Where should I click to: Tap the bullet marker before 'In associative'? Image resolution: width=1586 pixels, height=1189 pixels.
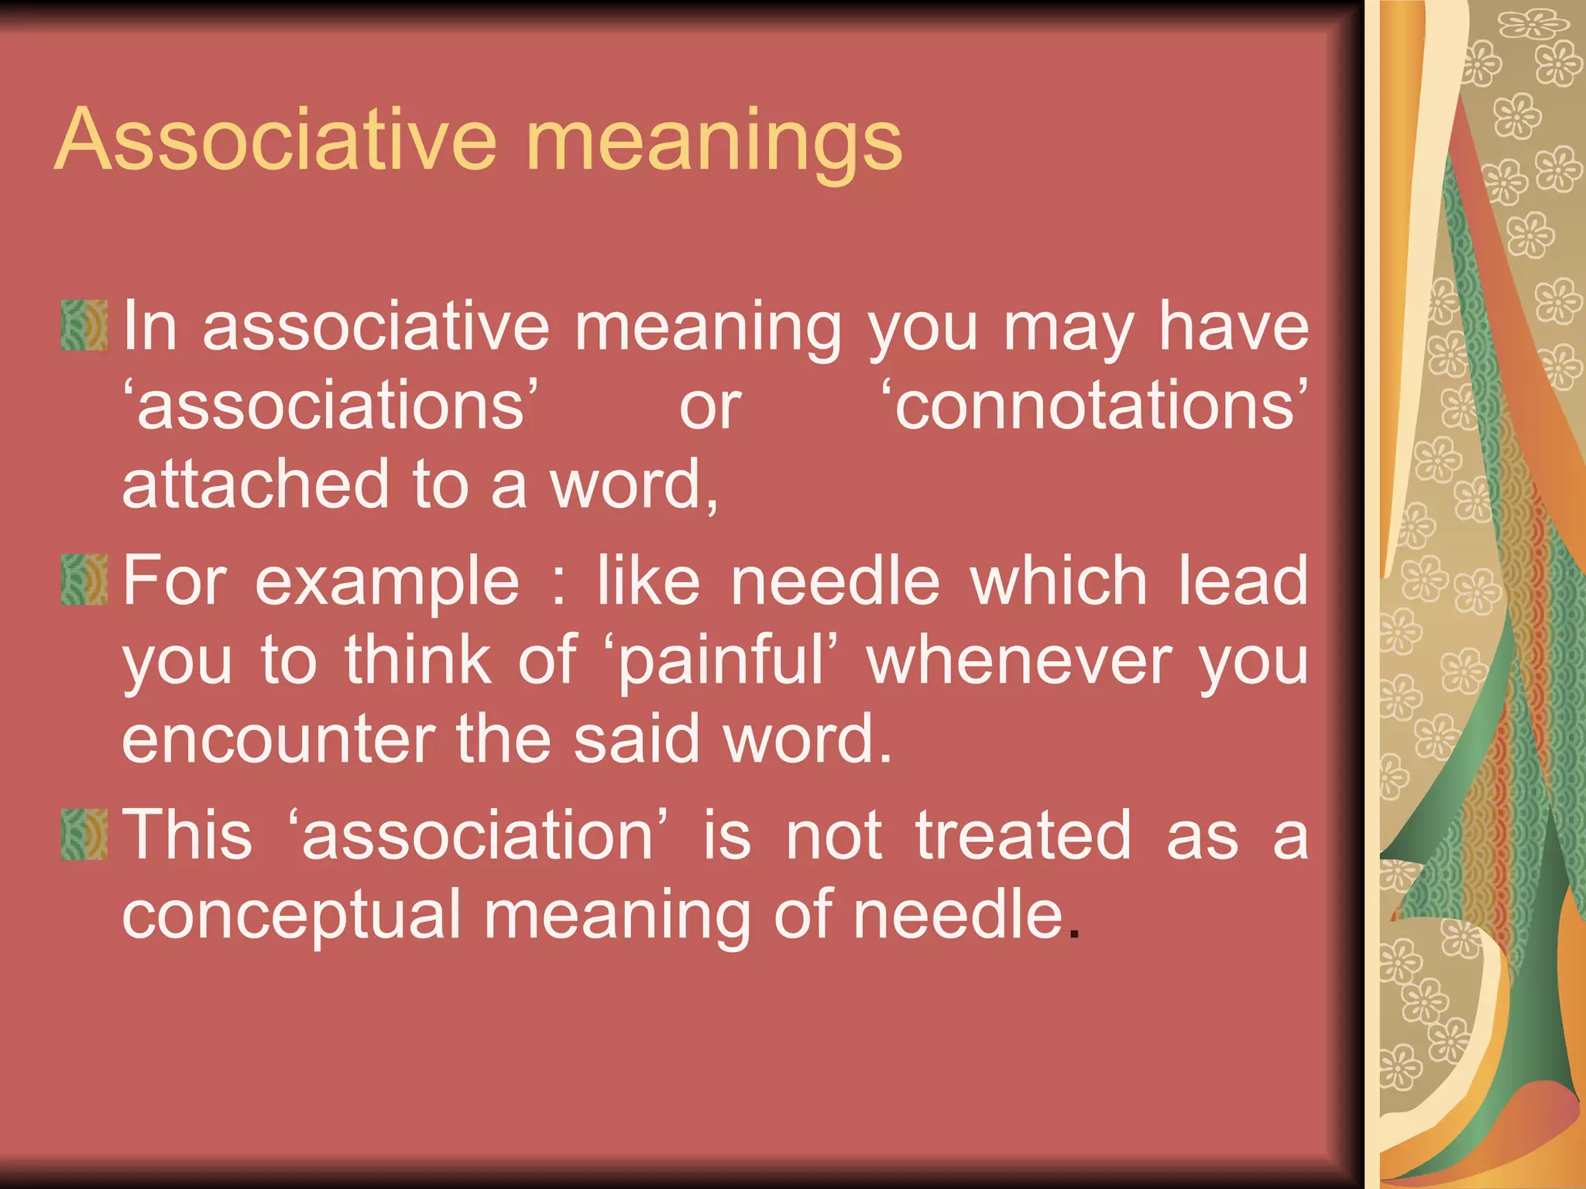84,326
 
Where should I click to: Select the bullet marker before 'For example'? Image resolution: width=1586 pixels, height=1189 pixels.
84,579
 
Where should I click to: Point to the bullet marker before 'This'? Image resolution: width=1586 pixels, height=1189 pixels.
84,834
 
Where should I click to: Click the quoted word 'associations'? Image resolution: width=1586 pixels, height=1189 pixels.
331,405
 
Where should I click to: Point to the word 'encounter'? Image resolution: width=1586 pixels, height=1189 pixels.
278,739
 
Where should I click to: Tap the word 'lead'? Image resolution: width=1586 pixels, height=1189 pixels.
1243,581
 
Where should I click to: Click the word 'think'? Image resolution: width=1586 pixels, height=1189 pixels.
418,660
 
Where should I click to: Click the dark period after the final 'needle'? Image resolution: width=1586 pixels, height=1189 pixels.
1073,934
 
